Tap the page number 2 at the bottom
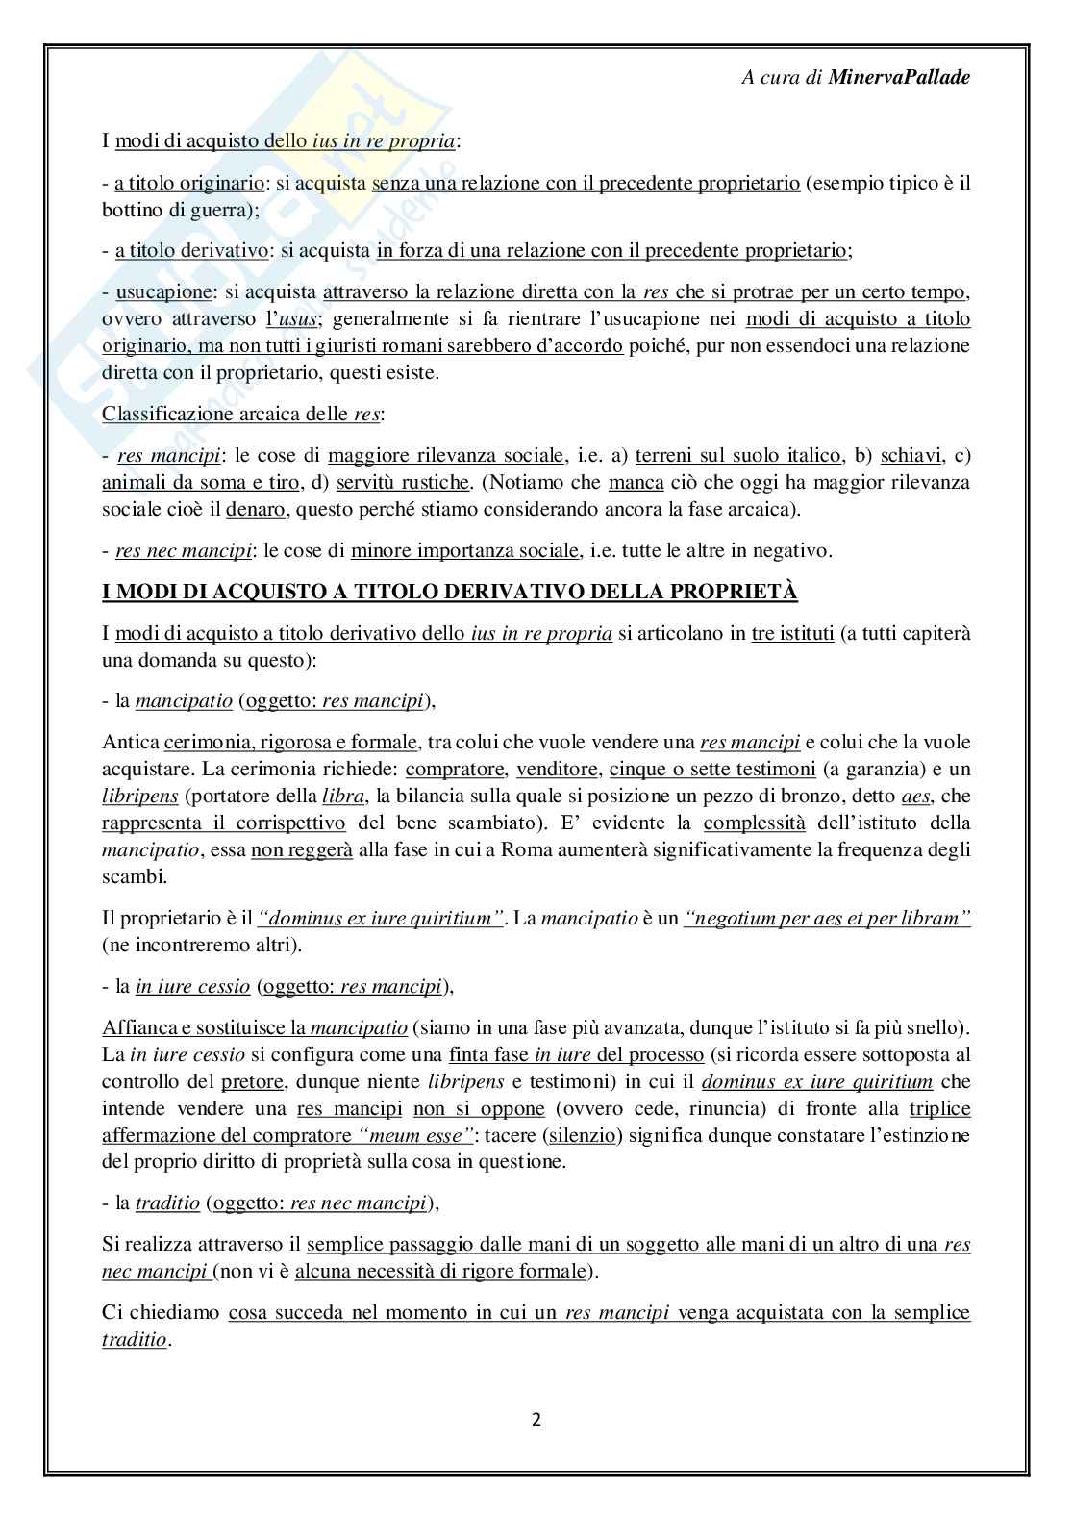pyautogui.click(x=536, y=1419)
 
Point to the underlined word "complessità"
pyautogui.click(x=754, y=823)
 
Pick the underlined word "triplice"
pyautogui.click(x=939, y=1107)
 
